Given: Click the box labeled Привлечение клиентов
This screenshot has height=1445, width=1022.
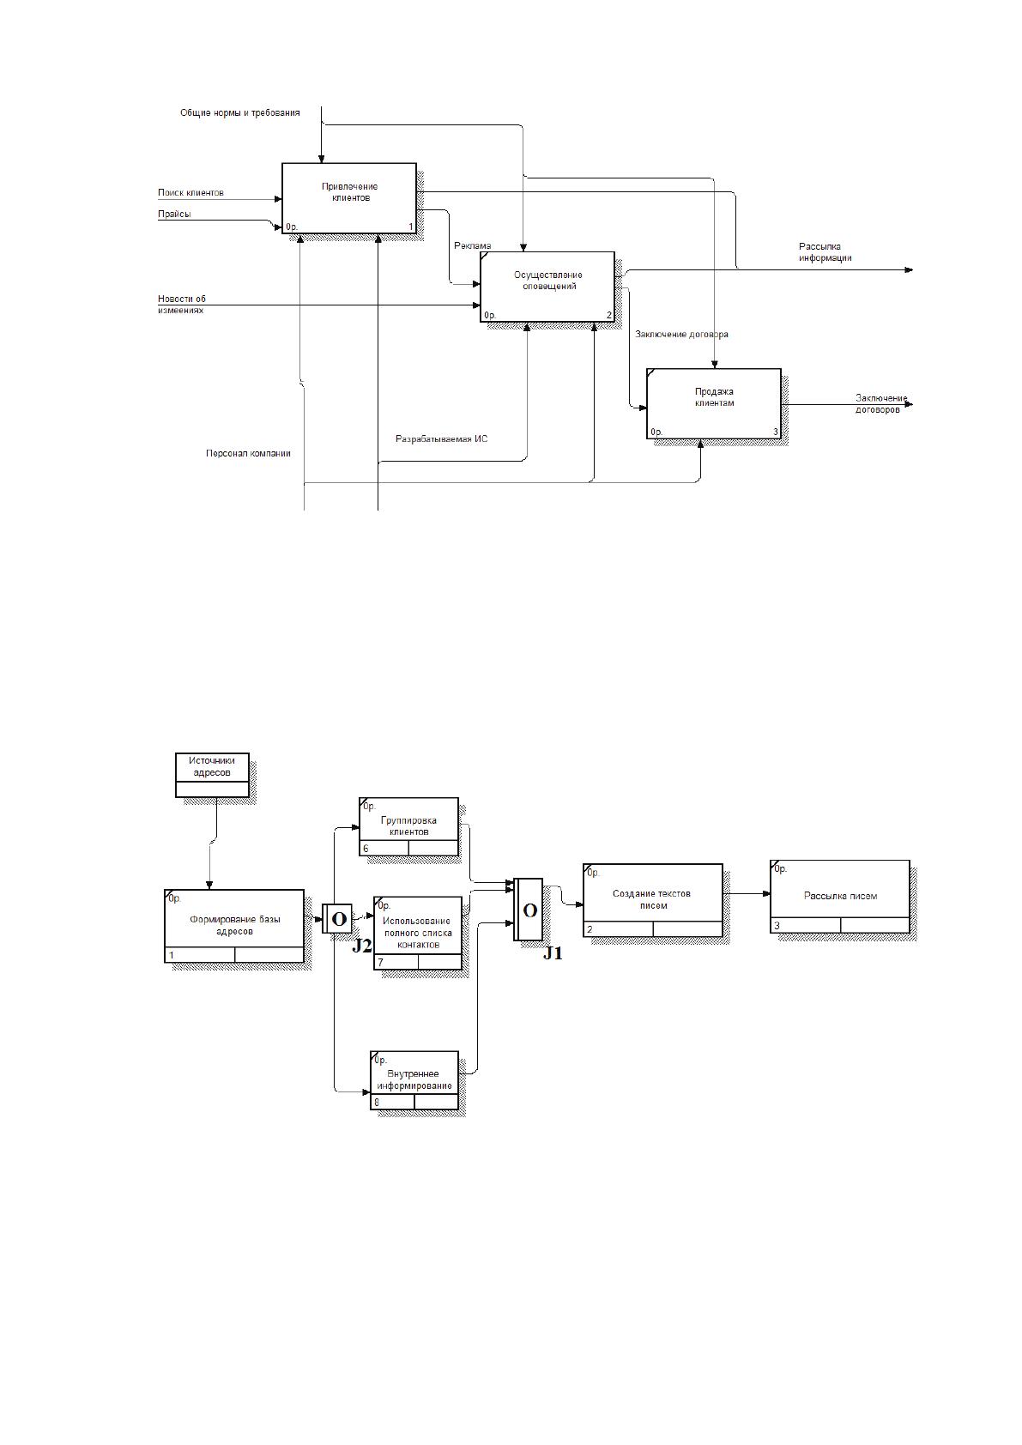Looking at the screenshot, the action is click(x=349, y=198).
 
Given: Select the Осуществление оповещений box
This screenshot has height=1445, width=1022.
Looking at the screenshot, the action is click(x=547, y=287).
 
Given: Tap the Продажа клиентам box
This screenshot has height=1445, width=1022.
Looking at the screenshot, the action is click(x=714, y=403).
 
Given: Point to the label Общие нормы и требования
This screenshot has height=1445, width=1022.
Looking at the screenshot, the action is click(x=240, y=113).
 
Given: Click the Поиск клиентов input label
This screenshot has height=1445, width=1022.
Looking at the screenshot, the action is click(x=191, y=192).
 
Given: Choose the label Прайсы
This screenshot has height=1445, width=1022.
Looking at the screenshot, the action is click(x=174, y=214).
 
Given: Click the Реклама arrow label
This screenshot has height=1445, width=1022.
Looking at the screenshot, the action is click(x=472, y=245).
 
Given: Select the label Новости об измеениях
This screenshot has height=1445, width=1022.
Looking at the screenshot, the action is click(x=182, y=305).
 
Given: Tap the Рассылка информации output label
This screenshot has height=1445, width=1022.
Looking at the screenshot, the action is click(x=825, y=252).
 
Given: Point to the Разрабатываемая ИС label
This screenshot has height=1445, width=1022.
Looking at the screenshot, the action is click(x=441, y=438).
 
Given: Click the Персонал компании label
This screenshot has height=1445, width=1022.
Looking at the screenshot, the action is click(x=248, y=454).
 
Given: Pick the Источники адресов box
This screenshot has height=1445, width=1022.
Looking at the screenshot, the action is click(x=212, y=775).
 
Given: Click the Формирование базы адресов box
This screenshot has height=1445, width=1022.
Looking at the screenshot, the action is click(x=234, y=926).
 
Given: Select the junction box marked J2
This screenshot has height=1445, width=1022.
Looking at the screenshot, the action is click(x=336, y=918).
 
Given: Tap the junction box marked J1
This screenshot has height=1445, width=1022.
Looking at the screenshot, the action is click(x=528, y=909).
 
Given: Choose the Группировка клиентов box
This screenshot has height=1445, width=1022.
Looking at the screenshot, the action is click(x=408, y=826).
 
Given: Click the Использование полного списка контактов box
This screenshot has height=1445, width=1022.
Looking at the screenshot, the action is click(x=417, y=933).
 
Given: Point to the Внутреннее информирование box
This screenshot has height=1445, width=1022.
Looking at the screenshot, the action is click(x=414, y=1079).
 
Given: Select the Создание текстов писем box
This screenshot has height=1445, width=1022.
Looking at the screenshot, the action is click(x=652, y=900).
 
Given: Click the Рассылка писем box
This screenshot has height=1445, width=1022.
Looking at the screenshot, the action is click(x=840, y=896).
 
